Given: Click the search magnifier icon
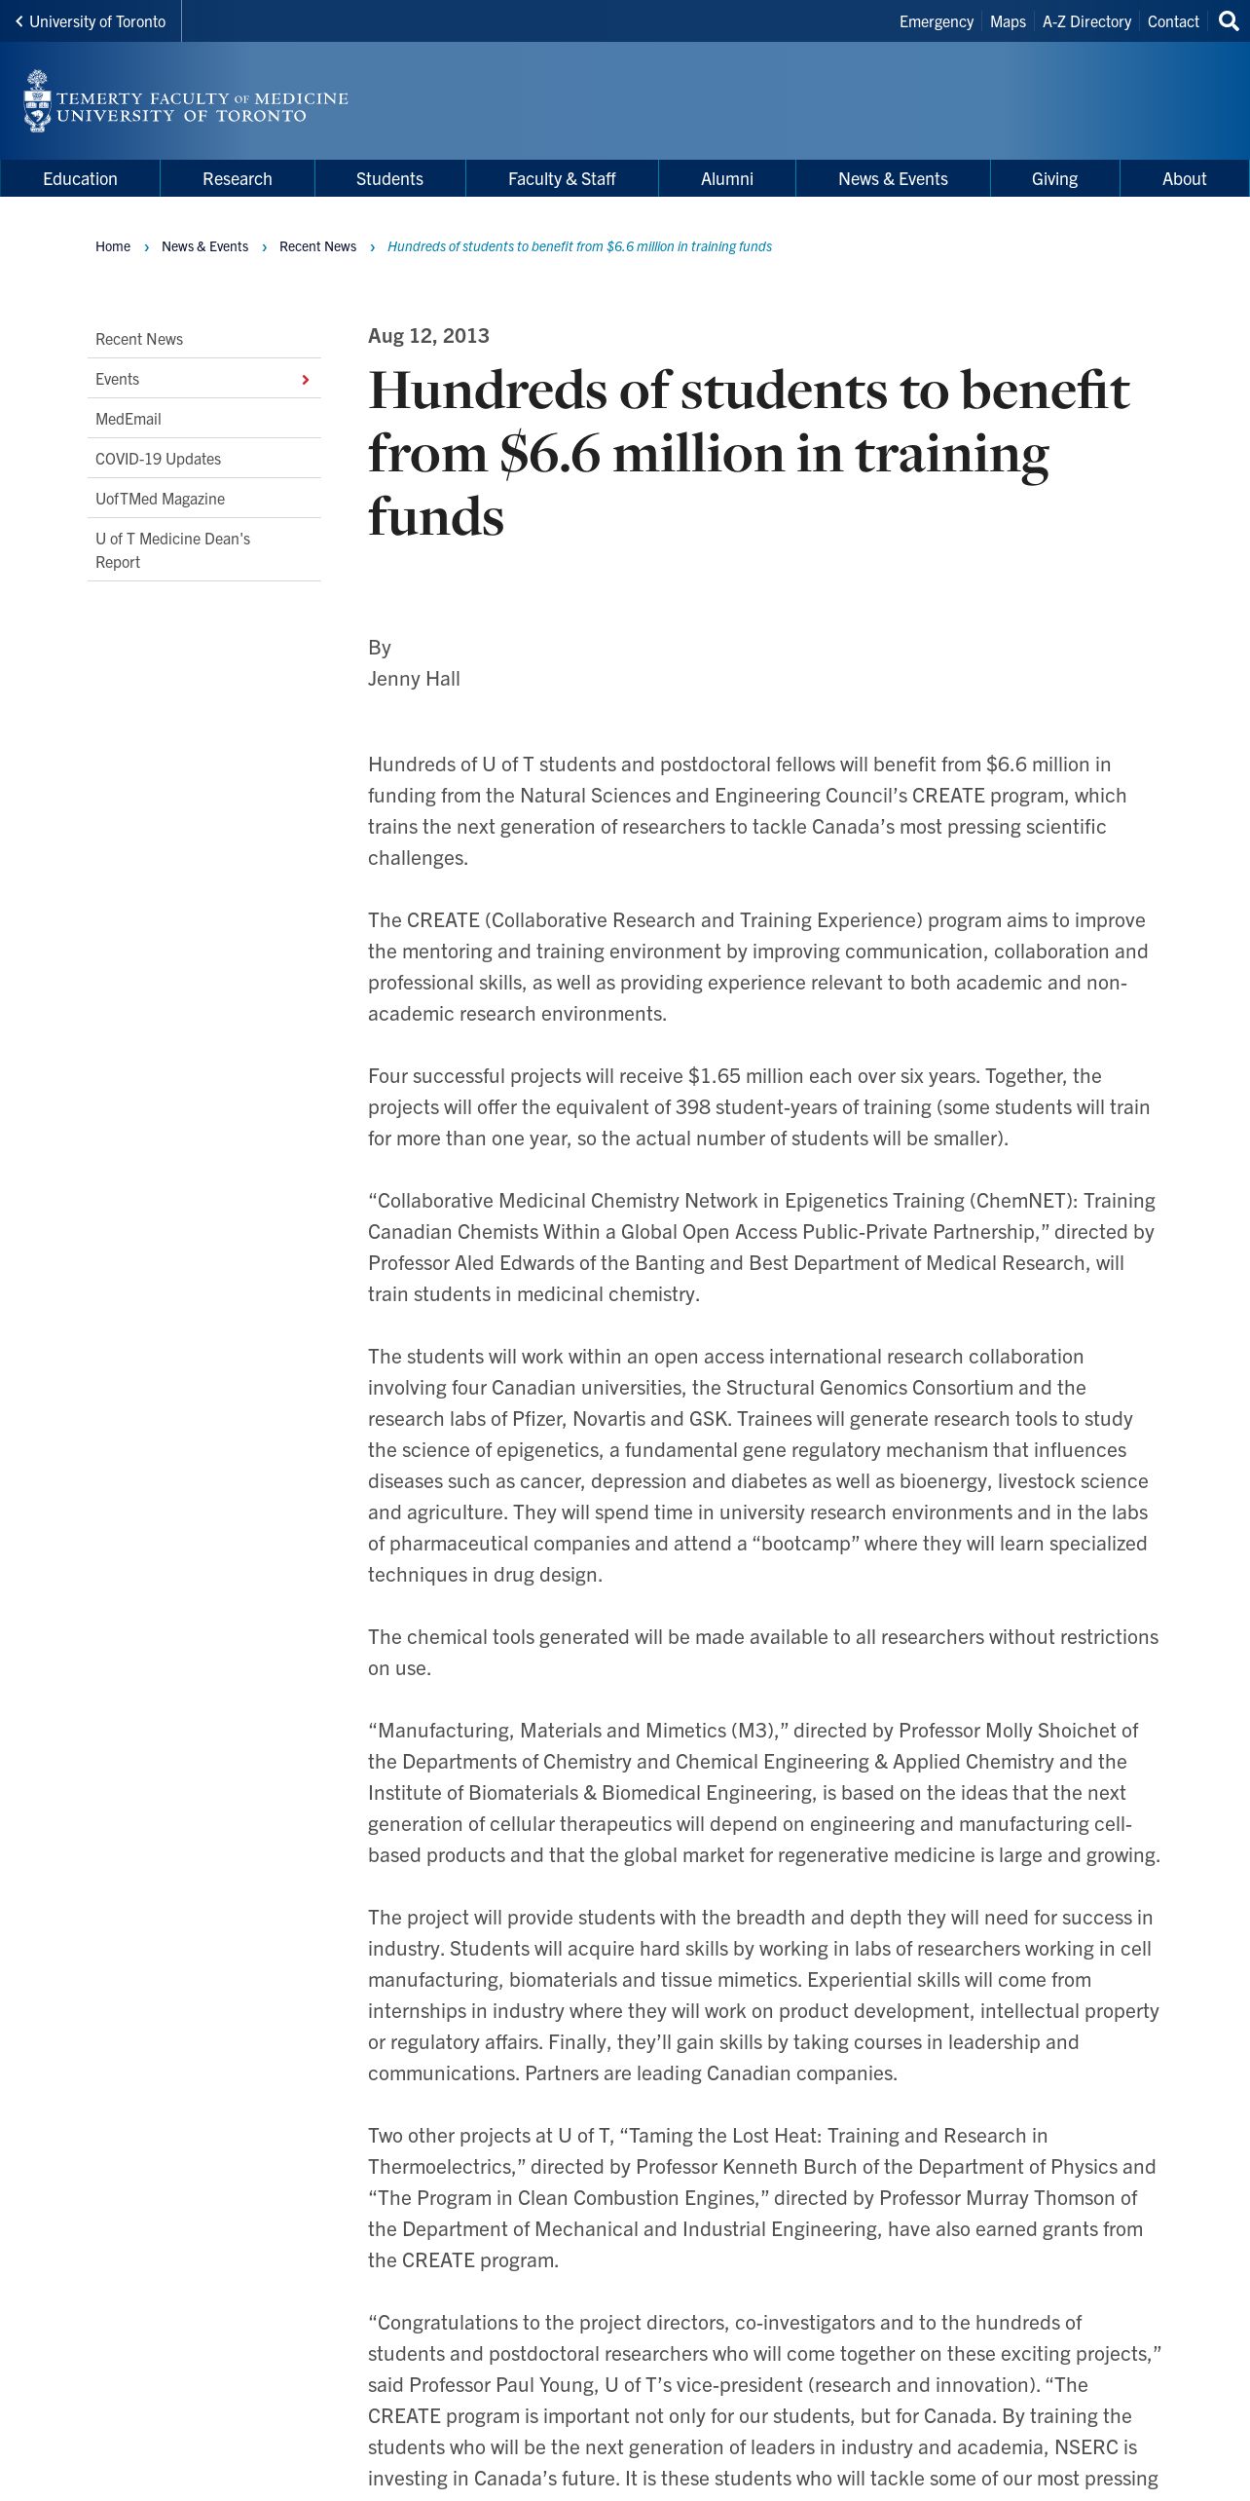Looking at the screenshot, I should (x=1229, y=21).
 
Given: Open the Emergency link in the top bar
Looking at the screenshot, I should (x=936, y=21).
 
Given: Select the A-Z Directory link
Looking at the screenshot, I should (x=1086, y=21).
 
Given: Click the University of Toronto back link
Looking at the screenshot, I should (x=91, y=21).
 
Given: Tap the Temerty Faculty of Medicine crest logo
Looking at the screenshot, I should (x=37, y=101).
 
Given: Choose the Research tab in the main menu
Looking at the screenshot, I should (x=237, y=179).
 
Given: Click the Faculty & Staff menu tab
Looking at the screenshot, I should (x=562, y=179).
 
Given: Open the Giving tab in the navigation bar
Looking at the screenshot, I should (x=1054, y=179).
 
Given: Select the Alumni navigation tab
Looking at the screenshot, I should (x=726, y=179).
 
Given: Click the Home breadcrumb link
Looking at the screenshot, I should (x=113, y=246).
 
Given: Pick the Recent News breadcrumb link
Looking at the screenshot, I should (x=317, y=246).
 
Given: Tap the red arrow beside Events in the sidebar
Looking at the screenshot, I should (x=305, y=380).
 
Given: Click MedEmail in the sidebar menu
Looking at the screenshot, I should (x=129, y=419).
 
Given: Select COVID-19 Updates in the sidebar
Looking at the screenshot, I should (x=158, y=459).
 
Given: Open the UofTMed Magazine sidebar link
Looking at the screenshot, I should (x=160, y=499).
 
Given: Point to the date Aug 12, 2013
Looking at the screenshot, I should (x=428, y=336).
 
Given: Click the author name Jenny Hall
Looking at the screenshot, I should (x=414, y=679).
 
